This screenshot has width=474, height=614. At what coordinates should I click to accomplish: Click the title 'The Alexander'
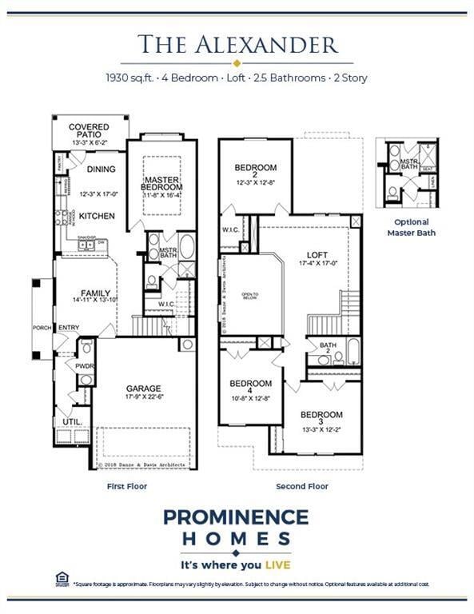click(x=237, y=44)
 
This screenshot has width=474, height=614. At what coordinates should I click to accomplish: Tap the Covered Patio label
click(x=89, y=127)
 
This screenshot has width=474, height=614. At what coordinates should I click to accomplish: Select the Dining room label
click(x=101, y=169)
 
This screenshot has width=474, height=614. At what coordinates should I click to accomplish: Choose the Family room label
click(x=95, y=293)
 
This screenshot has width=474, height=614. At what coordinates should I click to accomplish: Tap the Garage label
click(x=143, y=389)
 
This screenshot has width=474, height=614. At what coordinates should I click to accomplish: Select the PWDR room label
click(x=86, y=366)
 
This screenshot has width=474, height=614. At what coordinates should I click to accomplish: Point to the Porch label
click(x=42, y=328)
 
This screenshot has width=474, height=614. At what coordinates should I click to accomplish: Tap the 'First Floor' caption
click(x=127, y=486)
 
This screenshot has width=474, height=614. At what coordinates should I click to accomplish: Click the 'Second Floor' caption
click(x=302, y=486)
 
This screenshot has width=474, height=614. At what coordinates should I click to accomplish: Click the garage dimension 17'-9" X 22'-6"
click(x=143, y=398)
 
